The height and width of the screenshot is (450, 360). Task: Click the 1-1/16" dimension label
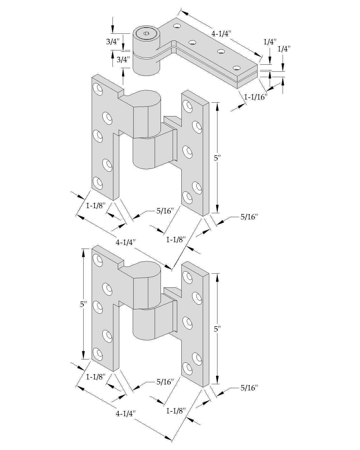(255, 97)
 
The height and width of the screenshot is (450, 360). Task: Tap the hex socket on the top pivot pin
(146, 33)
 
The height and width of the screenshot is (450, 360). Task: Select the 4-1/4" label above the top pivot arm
(221, 34)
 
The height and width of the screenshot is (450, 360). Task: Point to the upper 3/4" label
(113, 42)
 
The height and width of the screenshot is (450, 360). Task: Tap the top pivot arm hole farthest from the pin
(237, 68)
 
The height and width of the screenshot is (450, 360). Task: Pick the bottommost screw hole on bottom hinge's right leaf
(187, 368)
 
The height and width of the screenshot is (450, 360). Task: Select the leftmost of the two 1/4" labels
(270, 42)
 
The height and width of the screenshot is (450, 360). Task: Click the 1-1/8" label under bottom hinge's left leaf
(96, 377)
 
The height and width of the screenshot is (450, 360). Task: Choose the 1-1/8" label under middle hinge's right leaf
(176, 240)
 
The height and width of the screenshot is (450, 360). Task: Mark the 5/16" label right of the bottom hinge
(249, 388)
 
